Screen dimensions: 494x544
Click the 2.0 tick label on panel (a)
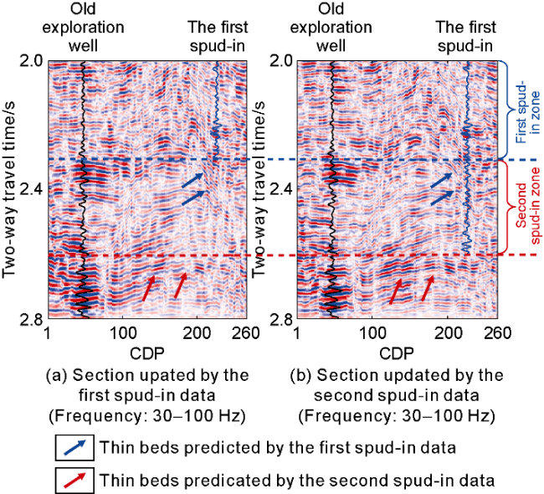(x=29, y=61)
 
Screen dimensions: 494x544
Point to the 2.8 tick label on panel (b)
(x=282, y=319)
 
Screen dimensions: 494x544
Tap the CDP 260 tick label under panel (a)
(x=234, y=332)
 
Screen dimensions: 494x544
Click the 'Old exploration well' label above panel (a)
(x=84, y=27)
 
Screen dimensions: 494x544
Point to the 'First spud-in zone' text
(x=522, y=109)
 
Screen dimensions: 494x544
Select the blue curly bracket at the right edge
(x=505, y=109)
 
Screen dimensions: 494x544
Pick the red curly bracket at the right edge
(x=505, y=206)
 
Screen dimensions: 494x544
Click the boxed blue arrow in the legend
(x=74, y=448)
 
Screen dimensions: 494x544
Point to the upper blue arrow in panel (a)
(x=192, y=179)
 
